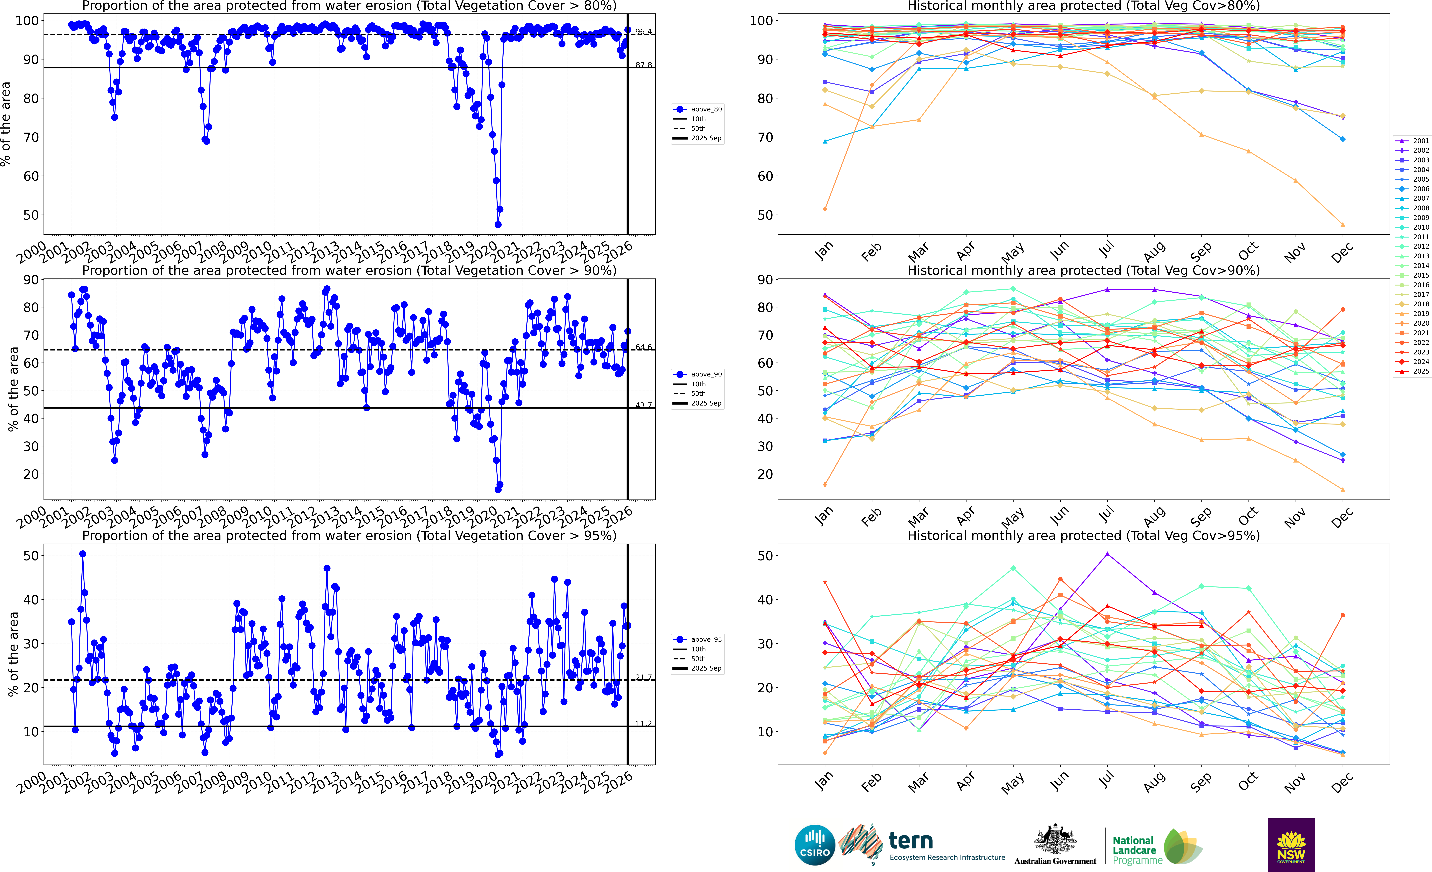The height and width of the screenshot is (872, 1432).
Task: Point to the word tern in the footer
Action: (x=911, y=841)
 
